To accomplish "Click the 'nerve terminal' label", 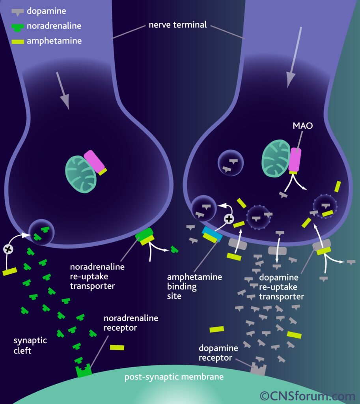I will click(x=177, y=25).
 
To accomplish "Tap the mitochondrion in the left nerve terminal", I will click(x=80, y=174).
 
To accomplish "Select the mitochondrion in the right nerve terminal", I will click(x=276, y=158).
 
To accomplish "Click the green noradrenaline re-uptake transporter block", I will click(x=144, y=234).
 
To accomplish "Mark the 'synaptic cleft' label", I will click(x=30, y=345).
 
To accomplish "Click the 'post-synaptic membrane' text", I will click(x=174, y=377).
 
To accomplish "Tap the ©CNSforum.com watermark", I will click(x=307, y=395).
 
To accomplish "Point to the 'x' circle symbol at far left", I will click(x=7, y=249).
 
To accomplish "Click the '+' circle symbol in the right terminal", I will click(x=229, y=218).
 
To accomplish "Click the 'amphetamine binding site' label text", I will click(x=194, y=286).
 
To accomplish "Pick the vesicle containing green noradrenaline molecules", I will click(x=41, y=233).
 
